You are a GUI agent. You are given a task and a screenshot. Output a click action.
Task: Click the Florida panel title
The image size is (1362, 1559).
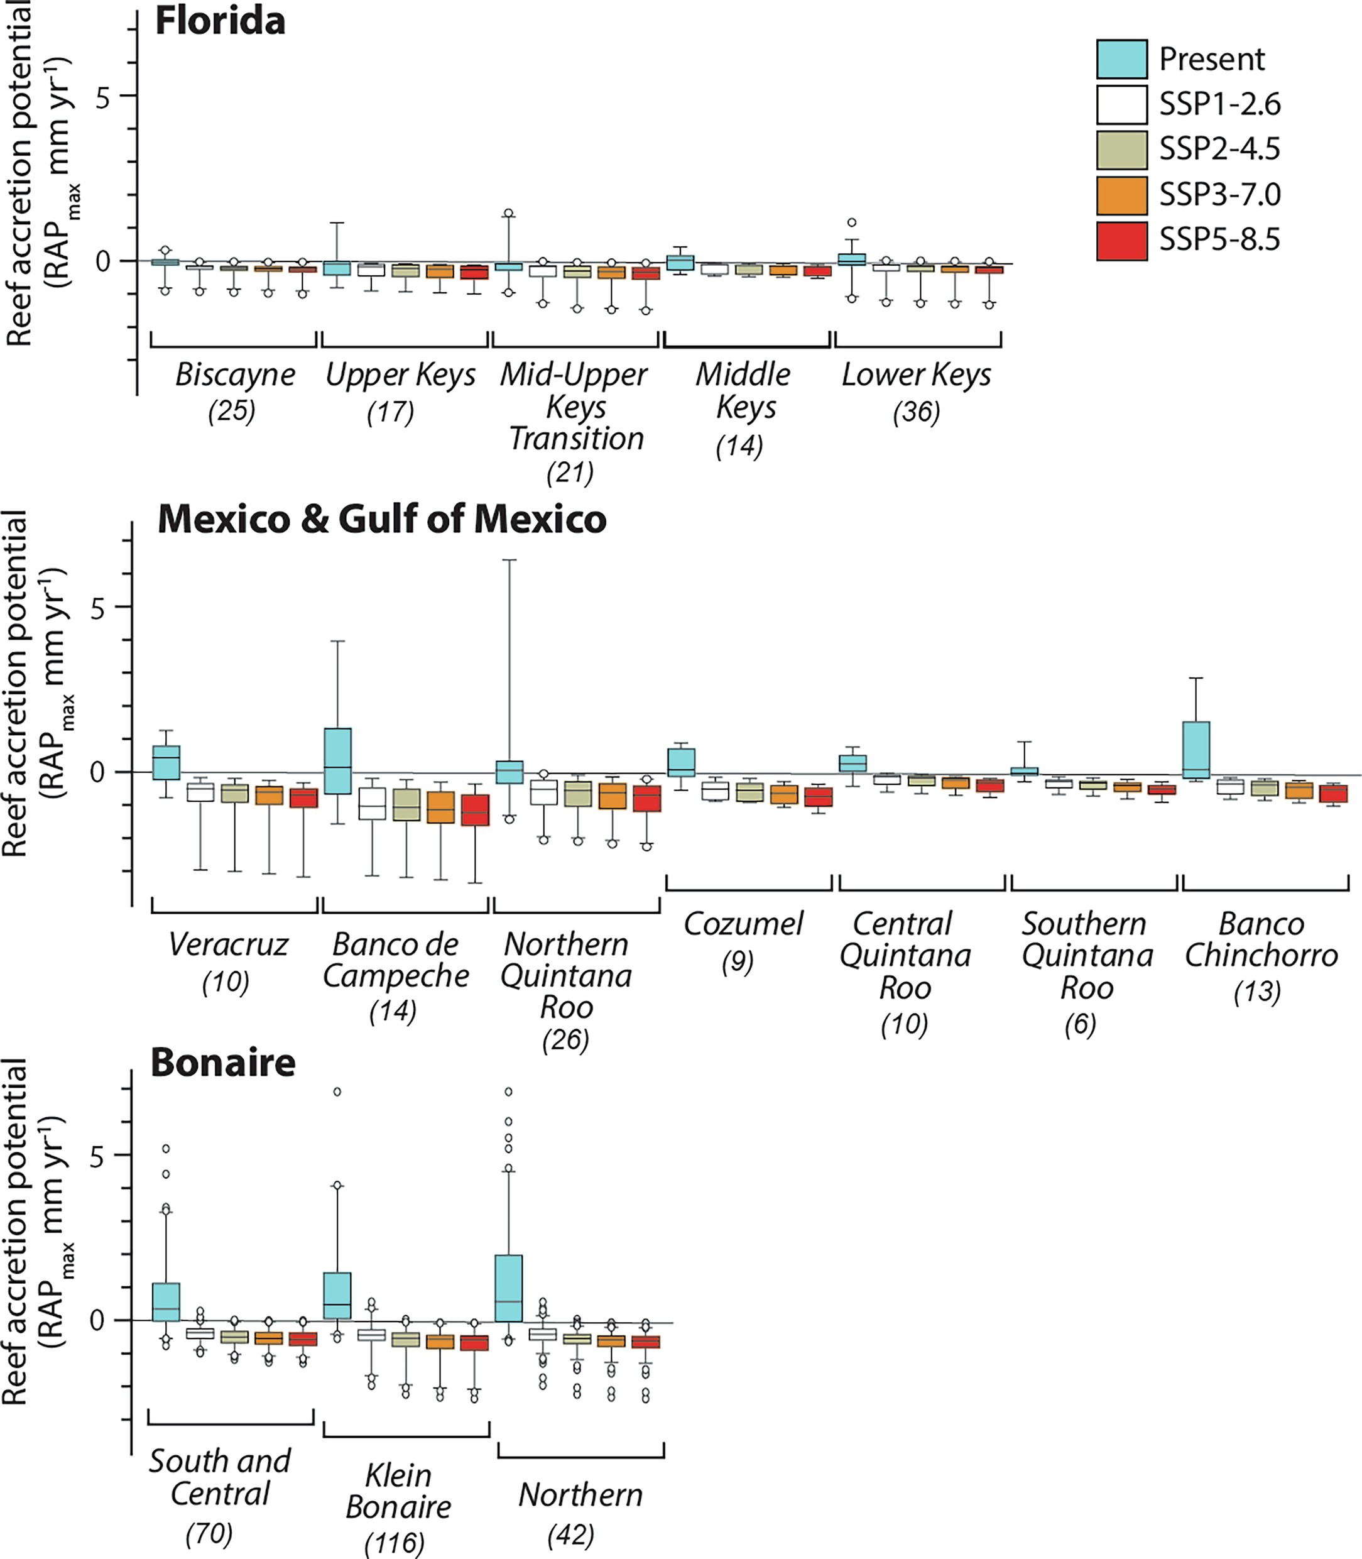pyautogui.click(x=220, y=21)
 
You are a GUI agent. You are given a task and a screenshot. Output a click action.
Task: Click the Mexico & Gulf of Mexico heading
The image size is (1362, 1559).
pyautogui.click(x=381, y=520)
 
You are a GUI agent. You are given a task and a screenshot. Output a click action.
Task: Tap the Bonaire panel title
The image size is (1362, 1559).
pyautogui.click(x=222, y=1063)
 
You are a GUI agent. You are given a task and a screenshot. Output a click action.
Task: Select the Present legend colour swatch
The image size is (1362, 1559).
pyautogui.click(x=1121, y=59)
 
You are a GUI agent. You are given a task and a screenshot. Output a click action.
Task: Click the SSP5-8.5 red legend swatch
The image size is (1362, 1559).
pyautogui.click(x=1121, y=240)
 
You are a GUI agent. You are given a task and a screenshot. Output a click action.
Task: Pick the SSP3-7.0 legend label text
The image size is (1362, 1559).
pyautogui.click(x=1219, y=195)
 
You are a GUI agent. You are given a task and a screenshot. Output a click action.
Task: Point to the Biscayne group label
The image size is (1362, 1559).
pyautogui.click(x=235, y=375)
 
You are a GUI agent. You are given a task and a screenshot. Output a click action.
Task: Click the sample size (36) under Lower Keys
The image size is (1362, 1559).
pyautogui.click(x=916, y=412)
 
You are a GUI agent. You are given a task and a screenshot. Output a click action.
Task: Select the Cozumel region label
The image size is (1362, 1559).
pyautogui.click(x=743, y=924)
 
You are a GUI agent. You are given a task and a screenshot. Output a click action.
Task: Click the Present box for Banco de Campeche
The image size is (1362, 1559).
pyautogui.click(x=337, y=761)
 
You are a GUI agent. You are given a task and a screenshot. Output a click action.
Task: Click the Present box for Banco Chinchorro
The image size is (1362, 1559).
pyautogui.click(x=1196, y=750)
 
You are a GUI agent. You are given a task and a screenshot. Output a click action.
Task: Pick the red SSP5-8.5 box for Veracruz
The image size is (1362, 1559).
pyautogui.click(x=304, y=798)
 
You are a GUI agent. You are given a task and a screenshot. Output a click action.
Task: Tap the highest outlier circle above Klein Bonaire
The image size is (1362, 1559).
pyautogui.click(x=337, y=1092)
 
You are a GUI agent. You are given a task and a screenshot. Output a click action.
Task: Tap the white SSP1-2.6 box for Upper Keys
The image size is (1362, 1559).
pyautogui.click(x=371, y=269)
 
